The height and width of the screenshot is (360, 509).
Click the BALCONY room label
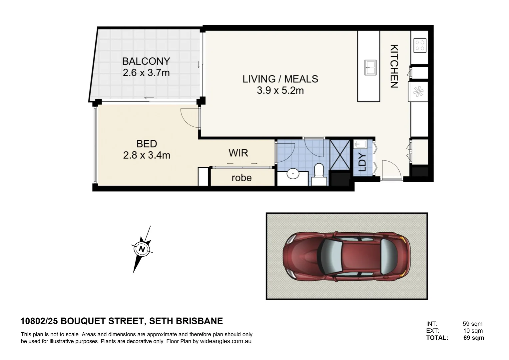(x=146, y=61)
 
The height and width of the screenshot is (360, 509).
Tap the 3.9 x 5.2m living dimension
(x=280, y=90)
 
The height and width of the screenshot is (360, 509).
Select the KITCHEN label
(x=394, y=66)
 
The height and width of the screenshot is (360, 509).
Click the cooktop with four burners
(x=420, y=45)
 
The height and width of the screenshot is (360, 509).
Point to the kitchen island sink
(x=370, y=67)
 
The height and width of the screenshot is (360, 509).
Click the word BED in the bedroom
(x=147, y=144)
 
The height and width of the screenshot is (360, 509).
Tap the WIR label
(x=238, y=153)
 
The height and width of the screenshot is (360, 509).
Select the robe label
(x=242, y=178)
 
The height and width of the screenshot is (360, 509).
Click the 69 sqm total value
(x=473, y=338)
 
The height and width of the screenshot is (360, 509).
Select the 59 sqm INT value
(x=472, y=324)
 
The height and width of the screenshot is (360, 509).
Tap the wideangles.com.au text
(x=226, y=341)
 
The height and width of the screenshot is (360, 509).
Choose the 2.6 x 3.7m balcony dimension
(x=146, y=73)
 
